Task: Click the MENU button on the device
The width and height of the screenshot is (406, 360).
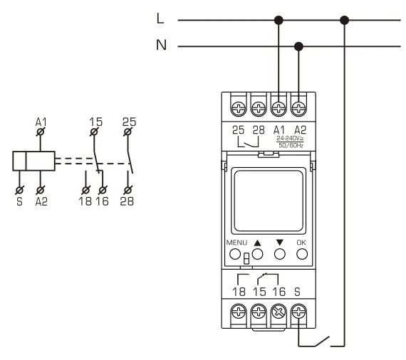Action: [235, 254]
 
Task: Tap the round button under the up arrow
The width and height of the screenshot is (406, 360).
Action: [257, 254]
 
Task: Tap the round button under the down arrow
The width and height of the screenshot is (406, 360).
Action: [280, 254]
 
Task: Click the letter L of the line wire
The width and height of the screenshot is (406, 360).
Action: [160, 18]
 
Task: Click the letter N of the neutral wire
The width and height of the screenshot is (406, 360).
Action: [161, 45]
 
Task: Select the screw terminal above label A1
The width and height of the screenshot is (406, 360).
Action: [279, 108]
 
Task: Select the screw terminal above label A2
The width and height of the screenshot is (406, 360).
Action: [298, 108]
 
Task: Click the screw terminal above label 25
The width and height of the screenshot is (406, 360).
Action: [238, 108]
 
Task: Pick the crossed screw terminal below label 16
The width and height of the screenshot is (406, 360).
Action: [279, 312]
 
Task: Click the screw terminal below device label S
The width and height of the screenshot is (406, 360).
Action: [299, 312]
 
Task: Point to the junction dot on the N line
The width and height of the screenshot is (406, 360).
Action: [298, 46]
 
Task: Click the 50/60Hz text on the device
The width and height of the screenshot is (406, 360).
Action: [291, 145]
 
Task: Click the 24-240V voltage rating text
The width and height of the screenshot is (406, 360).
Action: [290, 138]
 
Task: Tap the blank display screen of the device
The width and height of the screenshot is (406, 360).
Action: [269, 200]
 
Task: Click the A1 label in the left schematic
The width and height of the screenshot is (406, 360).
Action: [41, 122]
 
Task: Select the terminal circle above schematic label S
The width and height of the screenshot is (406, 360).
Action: [19, 191]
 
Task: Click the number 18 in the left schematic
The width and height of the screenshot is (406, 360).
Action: [85, 201]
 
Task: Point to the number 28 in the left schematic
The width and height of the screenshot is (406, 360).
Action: [127, 201]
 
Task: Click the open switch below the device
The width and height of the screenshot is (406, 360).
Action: [322, 342]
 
